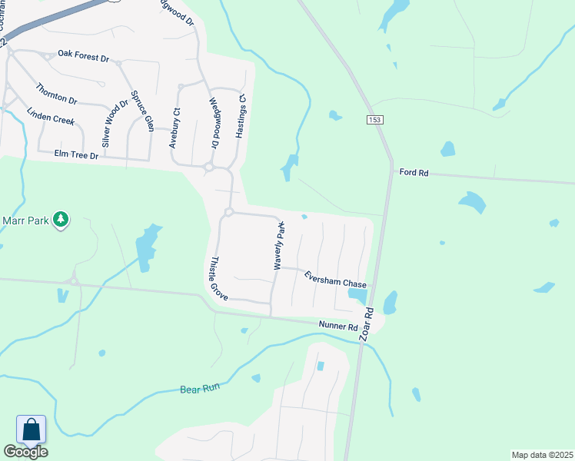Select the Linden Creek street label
pyautogui.click(x=50, y=118)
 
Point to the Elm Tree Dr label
pyautogui.click(x=76, y=154)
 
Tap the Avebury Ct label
pyautogui.click(x=175, y=128)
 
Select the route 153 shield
pyautogui.click(x=374, y=120)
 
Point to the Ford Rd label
pyautogui.click(x=414, y=173)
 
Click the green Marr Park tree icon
pyautogui.click(x=61, y=221)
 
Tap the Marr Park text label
pyautogui.click(x=25, y=221)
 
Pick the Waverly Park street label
pyautogui.click(x=280, y=245)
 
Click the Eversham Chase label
pyautogui.click(x=335, y=280)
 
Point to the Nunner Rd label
pyautogui.click(x=338, y=327)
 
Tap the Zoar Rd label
pyautogui.click(x=368, y=325)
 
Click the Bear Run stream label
pyautogui.click(x=201, y=390)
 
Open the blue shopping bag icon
pyautogui.click(x=32, y=429)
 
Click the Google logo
pyautogui.click(x=25, y=452)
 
